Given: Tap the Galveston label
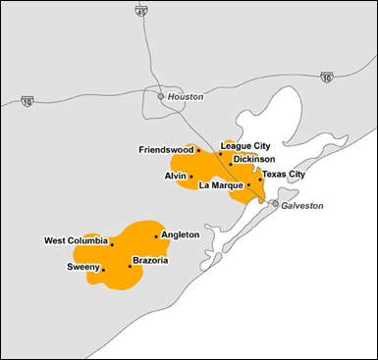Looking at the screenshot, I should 302,206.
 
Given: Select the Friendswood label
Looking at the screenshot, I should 166,150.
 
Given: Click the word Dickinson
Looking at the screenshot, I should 254,159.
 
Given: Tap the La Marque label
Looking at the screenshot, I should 220,184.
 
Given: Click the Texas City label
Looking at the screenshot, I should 284,175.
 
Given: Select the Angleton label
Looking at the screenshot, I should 180,234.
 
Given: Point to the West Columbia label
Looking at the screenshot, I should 76,240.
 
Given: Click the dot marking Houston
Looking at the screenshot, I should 162,96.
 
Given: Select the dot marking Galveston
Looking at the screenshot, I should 275,204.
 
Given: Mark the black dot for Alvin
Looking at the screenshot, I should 191,177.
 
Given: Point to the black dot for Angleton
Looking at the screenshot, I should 156,236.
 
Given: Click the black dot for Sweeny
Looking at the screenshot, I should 102,268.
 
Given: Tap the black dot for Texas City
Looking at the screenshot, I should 260,180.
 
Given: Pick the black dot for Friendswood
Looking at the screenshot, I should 199,151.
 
